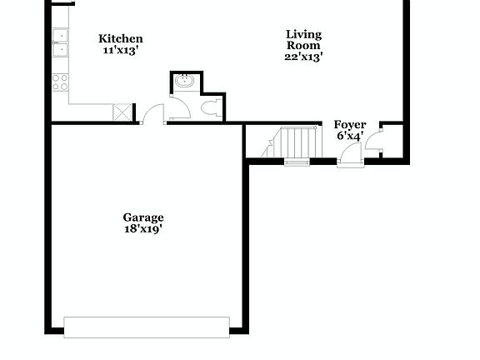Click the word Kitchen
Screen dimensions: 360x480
pyautogui.click(x=121, y=38)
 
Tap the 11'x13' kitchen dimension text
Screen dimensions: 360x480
pyautogui.click(x=121, y=50)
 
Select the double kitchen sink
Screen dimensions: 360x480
pyautogui.click(x=61, y=42)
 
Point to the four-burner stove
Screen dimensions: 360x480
pyautogui.click(x=61, y=82)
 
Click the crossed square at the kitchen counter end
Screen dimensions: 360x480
pyautogui.click(x=123, y=113)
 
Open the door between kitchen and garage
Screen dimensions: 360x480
pyautogui.click(x=153, y=115)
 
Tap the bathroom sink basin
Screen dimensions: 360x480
pyautogui.click(x=184, y=82)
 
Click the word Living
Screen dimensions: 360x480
pyautogui.click(x=303, y=34)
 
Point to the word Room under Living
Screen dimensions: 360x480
pyautogui.click(x=303, y=46)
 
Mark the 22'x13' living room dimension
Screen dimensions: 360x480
pyautogui.click(x=303, y=57)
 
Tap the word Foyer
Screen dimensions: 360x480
pyautogui.click(x=350, y=125)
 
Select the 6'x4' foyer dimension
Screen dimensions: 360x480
pyautogui.click(x=350, y=137)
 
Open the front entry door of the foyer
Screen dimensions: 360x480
pyautogui.click(x=351, y=155)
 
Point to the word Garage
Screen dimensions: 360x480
pyautogui.click(x=143, y=218)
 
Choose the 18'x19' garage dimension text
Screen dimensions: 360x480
pyautogui.click(x=143, y=230)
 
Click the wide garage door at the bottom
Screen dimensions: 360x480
pyautogui.click(x=147, y=327)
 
